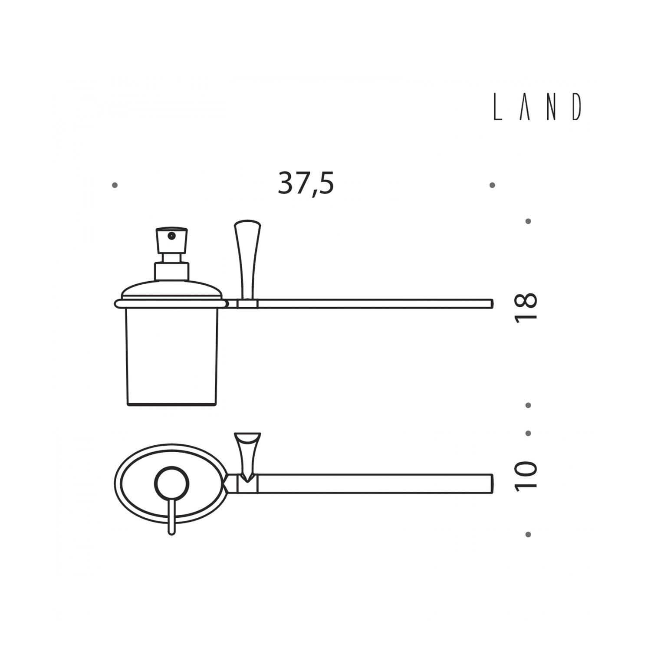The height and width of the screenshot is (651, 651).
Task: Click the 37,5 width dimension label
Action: point(306,184)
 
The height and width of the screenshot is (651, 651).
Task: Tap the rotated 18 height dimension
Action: point(526,307)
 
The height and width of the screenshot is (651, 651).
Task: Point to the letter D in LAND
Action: point(576,107)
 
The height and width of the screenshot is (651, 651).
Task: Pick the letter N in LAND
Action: point(551,107)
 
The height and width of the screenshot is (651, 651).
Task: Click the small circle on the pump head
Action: point(172,236)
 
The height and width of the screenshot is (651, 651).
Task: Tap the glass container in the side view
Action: point(171,356)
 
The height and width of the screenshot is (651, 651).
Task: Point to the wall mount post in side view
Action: point(247,260)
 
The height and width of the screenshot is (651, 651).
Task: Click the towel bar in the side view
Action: point(373,303)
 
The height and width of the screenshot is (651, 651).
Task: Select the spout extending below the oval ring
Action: point(172,519)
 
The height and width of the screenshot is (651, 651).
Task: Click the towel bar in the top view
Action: point(373,484)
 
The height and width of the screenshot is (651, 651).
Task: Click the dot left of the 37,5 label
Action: point(115,185)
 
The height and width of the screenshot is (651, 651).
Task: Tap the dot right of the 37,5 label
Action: point(492,185)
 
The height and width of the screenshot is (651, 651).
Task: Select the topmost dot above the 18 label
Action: point(528,221)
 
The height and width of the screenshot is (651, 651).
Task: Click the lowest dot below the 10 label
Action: point(528,534)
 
